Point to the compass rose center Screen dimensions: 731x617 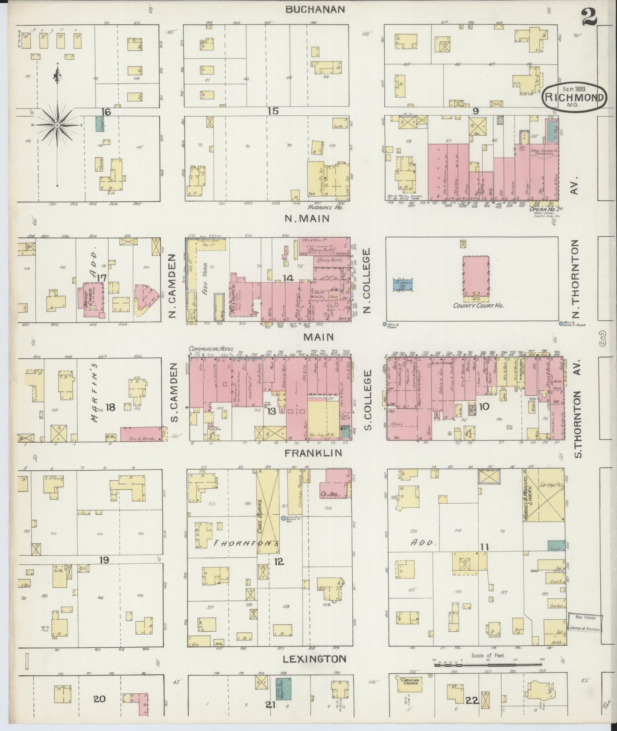pyautogui.click(x=57, y=125)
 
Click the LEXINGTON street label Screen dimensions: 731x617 pyautogui.click(x=315, y=659)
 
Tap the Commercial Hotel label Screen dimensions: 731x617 pyautogui.click(x=211, y=349)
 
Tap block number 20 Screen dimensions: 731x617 pyautogui.click(x=99, y=699)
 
